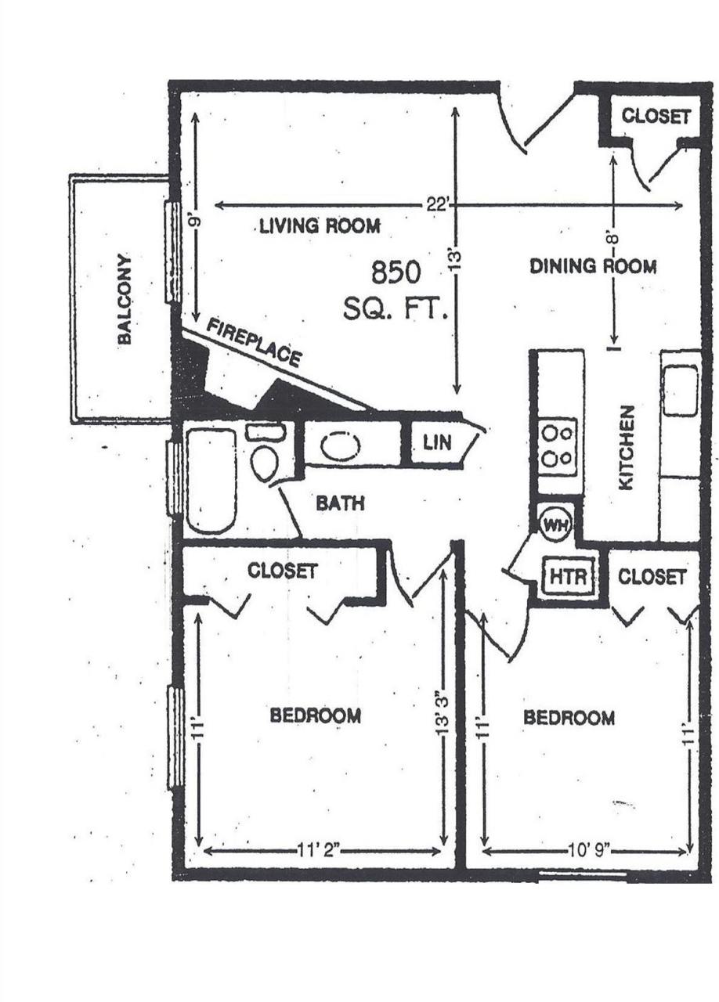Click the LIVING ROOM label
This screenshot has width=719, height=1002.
[320, 226]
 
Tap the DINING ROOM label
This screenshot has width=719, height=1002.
[593, 266]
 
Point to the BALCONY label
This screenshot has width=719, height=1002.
[125, 299]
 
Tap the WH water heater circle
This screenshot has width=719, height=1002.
[555, 524]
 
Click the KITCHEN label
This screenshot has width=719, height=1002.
[625, 448]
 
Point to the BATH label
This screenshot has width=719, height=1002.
[340, 503]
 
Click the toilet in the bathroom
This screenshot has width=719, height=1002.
[264, 461]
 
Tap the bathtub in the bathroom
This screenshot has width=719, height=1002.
[210, 481]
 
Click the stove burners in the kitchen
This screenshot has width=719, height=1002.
[559, 445]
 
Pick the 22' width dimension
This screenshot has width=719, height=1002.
[436, 204]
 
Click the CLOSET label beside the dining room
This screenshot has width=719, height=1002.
[656, 116]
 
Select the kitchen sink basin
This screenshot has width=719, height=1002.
[680, 391]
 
